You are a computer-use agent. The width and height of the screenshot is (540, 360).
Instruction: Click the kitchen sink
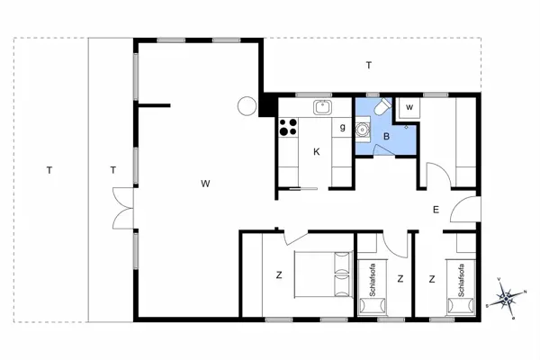click(x=323, y=107)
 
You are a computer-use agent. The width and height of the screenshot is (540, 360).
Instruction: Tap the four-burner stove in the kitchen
click(x=288, y=127)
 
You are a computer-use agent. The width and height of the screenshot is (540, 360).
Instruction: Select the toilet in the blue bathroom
click(x=382, y=107)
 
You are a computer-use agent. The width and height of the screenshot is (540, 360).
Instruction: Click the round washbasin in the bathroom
click(x=363, y=130)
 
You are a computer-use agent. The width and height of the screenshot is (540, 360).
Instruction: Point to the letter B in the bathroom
click(x=386, y=137)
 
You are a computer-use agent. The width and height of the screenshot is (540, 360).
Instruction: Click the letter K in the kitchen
click(x=317, y=151)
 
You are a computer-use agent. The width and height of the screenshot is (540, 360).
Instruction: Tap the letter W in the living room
click(x=205, y=184)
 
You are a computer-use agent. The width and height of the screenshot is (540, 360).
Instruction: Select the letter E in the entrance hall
click(x=436, y=210)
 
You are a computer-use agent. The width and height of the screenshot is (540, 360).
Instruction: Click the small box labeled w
click(x=409, y=108)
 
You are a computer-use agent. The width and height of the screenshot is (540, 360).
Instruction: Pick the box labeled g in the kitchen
click(x=342, y=128)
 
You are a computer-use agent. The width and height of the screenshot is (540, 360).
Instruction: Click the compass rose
click(x=506, y=298)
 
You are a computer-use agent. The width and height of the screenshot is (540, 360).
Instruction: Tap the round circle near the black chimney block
click(x=247, y=106)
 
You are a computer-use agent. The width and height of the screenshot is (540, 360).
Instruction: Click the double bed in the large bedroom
click(x=324, y=274)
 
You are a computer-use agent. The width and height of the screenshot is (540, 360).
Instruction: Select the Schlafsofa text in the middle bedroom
click(x=373, y=280)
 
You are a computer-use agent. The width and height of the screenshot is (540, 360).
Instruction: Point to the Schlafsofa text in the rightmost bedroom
click(x=462, y=281)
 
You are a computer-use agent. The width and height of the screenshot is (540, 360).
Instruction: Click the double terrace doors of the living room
click(x=123, y=208)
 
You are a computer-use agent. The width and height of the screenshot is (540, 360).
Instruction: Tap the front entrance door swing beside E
click(x=465, y=210)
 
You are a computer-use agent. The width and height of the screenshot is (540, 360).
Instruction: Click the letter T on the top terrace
click(x=369, y=65)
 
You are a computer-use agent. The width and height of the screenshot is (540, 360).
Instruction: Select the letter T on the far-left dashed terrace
click(x=49, y=170)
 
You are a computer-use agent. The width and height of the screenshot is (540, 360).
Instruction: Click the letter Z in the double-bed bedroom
click(x=279, y=274)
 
